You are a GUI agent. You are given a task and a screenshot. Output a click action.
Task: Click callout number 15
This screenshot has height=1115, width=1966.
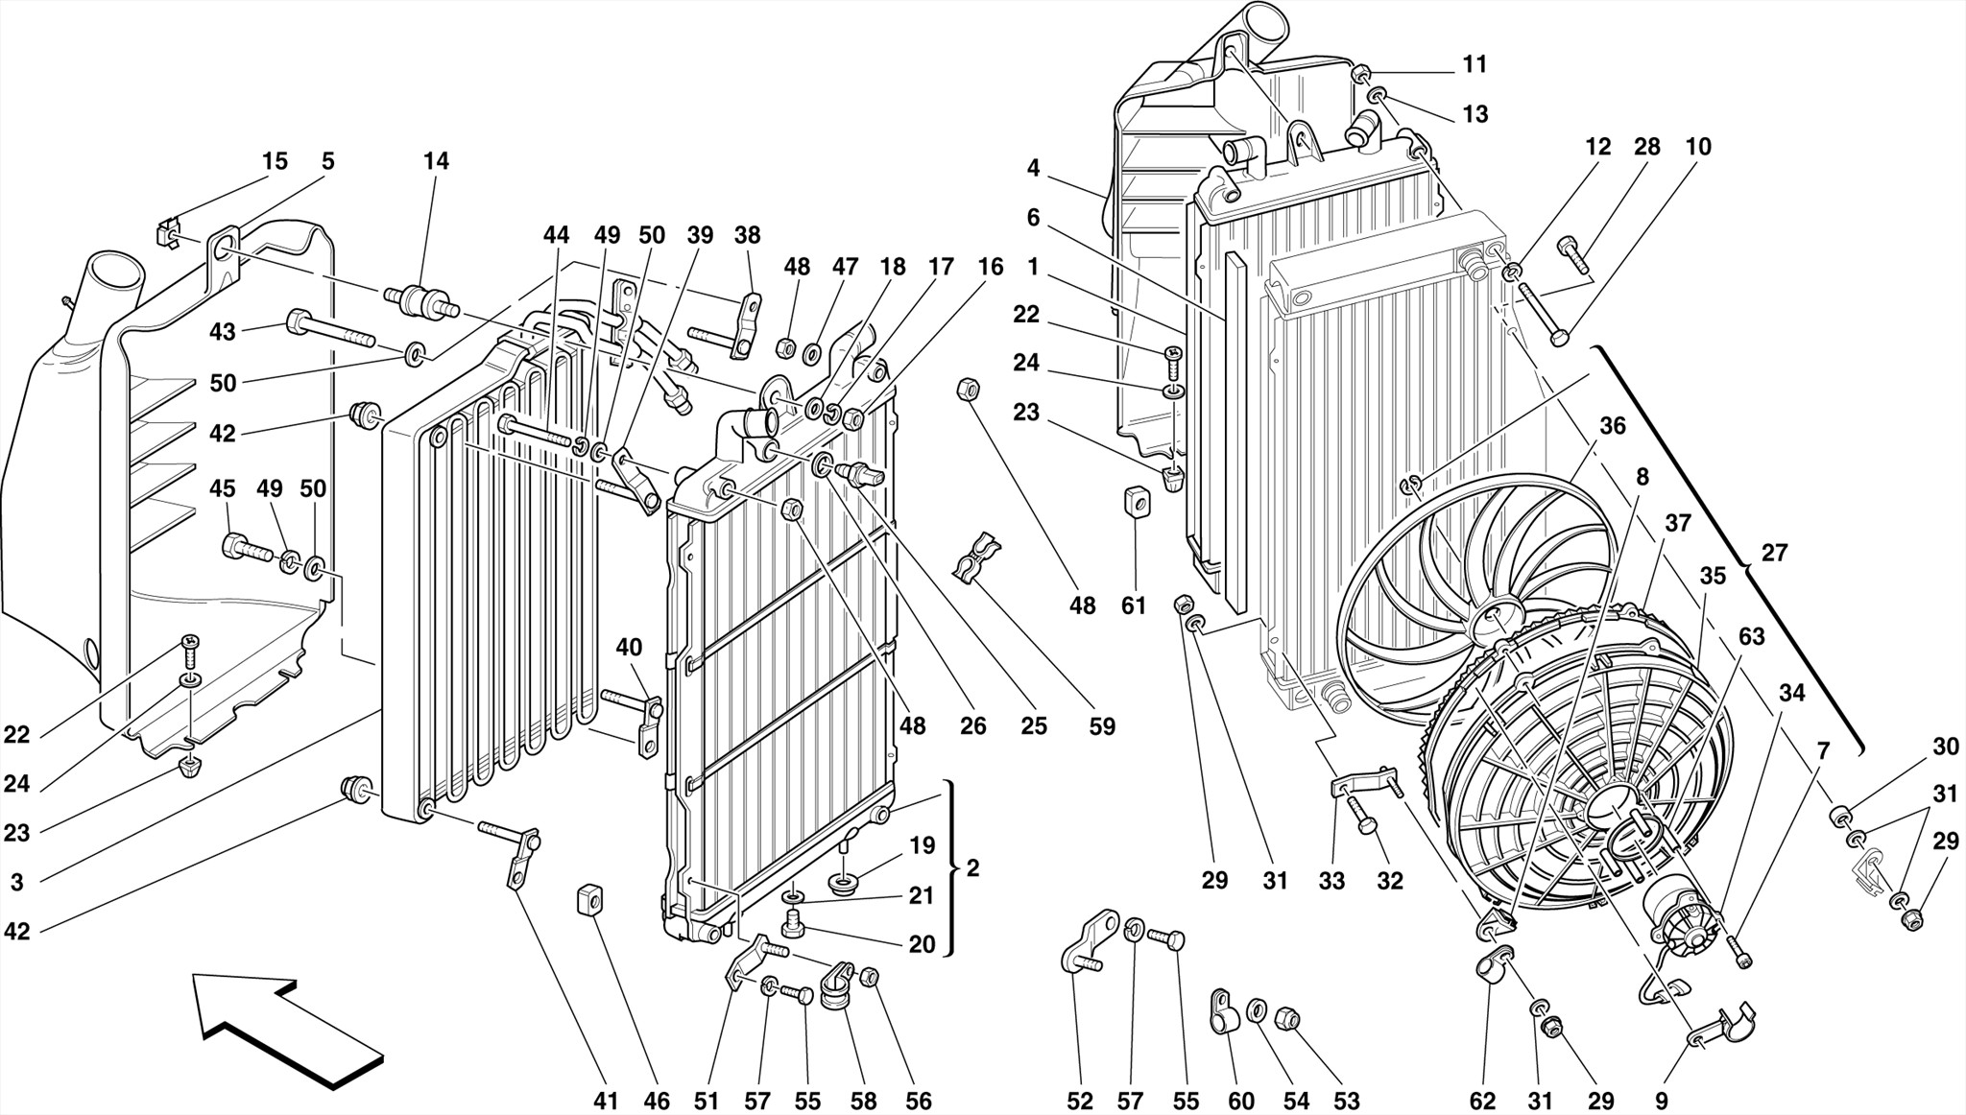click(275, 161)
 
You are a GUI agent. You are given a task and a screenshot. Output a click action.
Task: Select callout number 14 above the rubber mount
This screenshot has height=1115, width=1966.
click(436, 161)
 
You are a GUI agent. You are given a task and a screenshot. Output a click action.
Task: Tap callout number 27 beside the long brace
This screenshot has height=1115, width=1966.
click(1774, 553)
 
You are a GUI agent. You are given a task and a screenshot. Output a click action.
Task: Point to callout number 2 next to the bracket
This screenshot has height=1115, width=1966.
click(972, 868)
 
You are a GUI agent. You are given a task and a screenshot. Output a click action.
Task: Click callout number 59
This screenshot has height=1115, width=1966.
click(1102, 726)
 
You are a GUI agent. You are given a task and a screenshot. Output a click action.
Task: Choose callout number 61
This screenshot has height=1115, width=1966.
click(1134, 605)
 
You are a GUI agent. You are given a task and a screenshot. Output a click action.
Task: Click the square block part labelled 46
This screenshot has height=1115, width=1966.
click(588, 900)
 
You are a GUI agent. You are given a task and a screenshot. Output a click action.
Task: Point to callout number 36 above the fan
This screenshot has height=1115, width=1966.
click(1613, 425)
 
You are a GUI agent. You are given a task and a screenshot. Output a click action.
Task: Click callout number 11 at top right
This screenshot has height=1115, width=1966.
click(1474, 64)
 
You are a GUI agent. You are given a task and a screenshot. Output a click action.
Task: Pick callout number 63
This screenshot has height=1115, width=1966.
click(1751, 636)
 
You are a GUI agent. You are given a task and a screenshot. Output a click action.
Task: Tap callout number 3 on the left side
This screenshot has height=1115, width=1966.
click(16, 882)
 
